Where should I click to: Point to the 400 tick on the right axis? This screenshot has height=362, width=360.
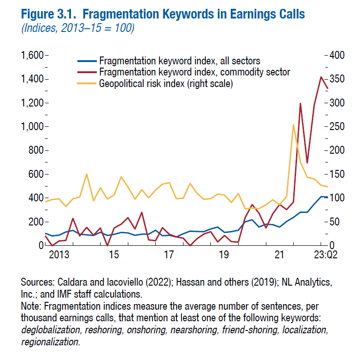tap(338, 56)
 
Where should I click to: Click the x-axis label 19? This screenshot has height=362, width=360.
tap(224, 255)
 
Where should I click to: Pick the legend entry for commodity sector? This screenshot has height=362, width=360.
tap(195, 72)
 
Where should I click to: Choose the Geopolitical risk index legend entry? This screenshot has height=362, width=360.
tap(165, 84)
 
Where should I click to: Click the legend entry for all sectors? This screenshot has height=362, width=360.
tap(179, 61)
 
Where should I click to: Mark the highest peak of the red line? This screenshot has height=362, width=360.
tap(321, 77)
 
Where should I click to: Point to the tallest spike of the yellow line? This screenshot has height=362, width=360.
tap(293, 125)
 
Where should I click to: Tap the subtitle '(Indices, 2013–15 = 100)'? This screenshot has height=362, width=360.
tap(78, 28)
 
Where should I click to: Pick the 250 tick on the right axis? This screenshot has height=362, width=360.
tap(338, 127)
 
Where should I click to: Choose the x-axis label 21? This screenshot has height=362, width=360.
tap(279, 255)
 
